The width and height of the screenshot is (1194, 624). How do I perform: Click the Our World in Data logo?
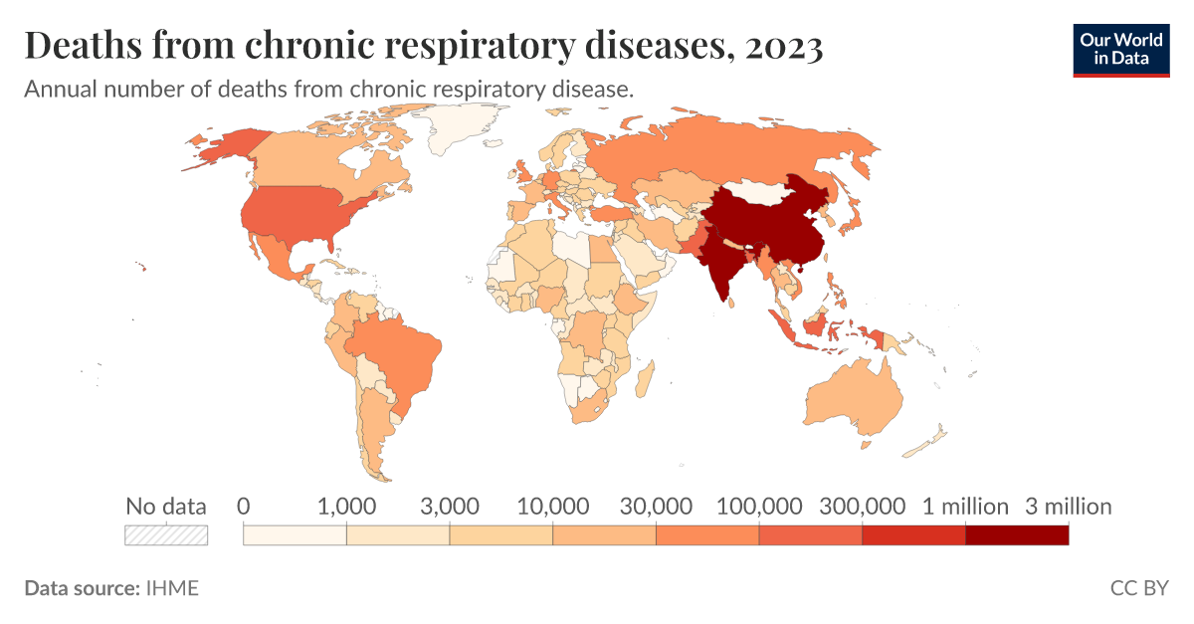click(1120, 48)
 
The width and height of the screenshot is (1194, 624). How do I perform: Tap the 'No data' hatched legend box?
click(166, 534)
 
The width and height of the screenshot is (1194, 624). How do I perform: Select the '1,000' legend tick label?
click(346, 506)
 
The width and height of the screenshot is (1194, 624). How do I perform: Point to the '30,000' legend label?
click(656, 506)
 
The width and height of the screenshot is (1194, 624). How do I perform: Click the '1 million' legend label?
click(965, 506)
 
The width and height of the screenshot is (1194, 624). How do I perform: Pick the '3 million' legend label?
click(1069, 506)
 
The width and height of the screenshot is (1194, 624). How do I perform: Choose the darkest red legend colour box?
click(1017, 534)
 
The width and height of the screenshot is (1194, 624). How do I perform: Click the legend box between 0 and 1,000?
click(295, 534)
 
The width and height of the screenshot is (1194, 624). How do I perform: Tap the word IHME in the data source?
click(172, 588)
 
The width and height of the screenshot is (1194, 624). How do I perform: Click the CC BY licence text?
click(1139, 588)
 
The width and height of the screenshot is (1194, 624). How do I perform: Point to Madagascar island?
click(644, 379)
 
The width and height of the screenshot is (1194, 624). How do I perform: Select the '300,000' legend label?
click(862, 506)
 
